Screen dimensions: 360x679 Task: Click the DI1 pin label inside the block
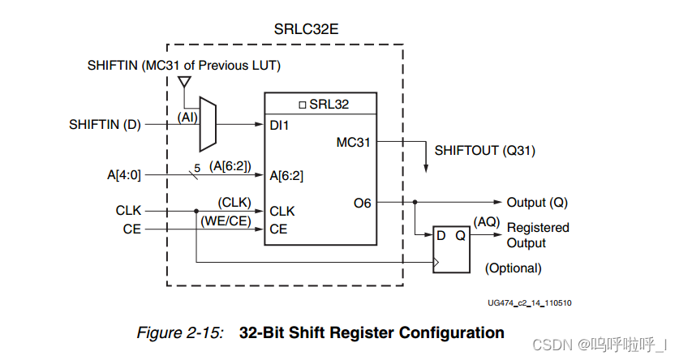280,126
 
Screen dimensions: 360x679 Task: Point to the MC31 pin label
354,143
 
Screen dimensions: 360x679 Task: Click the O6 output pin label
362,203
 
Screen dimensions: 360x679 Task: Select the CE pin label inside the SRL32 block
278,229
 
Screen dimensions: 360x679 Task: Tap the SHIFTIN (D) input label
105,125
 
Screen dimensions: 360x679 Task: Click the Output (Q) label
537,203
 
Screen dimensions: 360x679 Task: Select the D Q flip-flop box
451,248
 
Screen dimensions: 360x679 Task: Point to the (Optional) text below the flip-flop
513,268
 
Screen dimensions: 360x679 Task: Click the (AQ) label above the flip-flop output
485,221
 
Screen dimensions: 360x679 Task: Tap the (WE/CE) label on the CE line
223,221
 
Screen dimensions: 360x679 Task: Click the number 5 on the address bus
195,167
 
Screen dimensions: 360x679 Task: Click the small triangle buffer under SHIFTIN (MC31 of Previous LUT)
184,82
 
